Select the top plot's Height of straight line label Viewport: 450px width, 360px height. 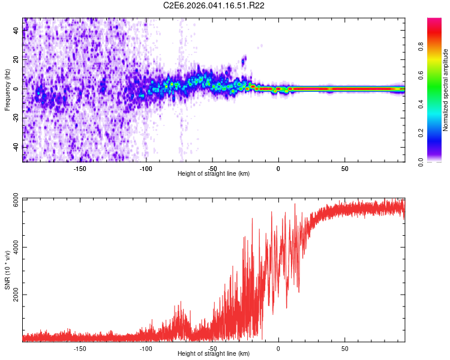[214, 173]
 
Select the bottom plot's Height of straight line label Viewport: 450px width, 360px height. [214, 354]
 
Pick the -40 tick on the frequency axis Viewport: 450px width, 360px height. [17, 147]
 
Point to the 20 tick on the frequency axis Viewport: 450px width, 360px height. [17, 60]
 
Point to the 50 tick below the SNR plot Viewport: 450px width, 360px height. [345, 348]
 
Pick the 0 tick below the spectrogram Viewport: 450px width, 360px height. [278, 168]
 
